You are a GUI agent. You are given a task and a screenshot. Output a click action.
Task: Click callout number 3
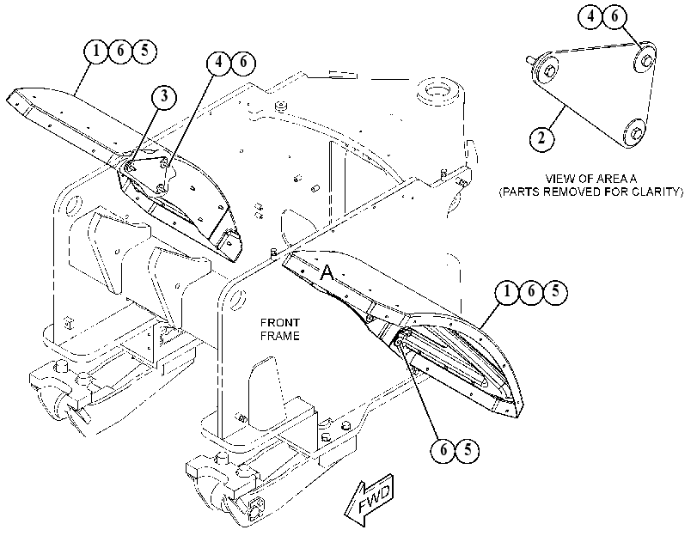point(164,95)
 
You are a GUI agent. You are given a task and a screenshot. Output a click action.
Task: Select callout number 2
point(541,138)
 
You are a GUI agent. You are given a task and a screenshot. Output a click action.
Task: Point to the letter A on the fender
point(327,272)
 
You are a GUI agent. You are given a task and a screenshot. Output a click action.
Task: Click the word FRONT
point(279,322)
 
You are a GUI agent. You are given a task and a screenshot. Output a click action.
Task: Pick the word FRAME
point(279,336)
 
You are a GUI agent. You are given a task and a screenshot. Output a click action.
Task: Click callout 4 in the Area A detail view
point(590,17)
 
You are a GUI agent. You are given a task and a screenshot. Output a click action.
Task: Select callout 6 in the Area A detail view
point(614,17)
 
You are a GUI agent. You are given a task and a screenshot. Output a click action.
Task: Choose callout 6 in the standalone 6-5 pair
point(443,450)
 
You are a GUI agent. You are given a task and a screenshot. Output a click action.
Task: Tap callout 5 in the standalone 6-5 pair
point(468,450)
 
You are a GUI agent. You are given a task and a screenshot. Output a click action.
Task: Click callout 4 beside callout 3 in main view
point(218,62)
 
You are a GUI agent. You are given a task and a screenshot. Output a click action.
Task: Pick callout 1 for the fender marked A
point(507,292)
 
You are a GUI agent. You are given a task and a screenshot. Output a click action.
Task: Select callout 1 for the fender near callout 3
point(96,50)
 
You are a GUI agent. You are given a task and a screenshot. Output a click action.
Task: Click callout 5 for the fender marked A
point(555,292)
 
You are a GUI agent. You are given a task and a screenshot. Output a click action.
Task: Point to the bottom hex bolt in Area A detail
point(635,131)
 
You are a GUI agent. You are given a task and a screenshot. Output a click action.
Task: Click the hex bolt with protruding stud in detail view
point(546,70)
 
